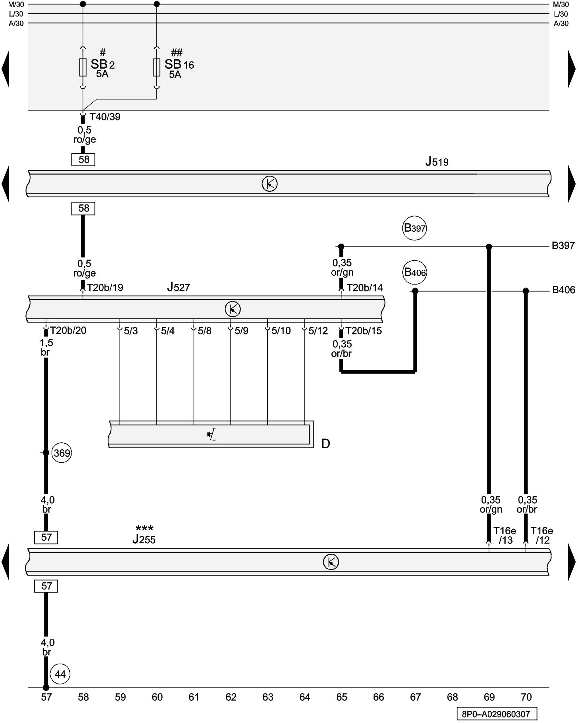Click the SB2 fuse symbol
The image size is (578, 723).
(x=83, y=67)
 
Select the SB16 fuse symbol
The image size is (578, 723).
(x=156, y=67)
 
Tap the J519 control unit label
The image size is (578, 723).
(x=437, y=162)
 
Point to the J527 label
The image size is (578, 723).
(x=178, y=287)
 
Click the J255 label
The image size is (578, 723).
(x=144, y=539)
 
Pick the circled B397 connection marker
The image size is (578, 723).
(x=414, y=228)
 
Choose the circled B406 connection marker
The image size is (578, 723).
(x=415, y=272)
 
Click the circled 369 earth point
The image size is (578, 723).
(x=62, y=453)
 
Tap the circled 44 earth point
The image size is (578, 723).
(x=60, y=674)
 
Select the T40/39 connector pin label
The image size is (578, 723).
(x=105, y=117)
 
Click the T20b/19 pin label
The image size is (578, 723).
(x=105, y=288)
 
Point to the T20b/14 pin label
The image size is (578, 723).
(x=365, y=288)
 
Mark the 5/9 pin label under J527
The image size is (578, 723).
(x=241, y=331)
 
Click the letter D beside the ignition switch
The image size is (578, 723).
(x=325, y=444)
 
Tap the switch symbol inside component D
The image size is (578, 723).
(x=211, y=434)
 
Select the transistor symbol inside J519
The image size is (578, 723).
(x=269, y=184)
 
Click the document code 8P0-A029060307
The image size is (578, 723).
(x=496, y=714)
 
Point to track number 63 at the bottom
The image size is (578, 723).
(x=268, y=697)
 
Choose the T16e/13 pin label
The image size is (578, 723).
(x=505, y=535)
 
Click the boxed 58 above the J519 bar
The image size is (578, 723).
(x=83, y=159)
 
